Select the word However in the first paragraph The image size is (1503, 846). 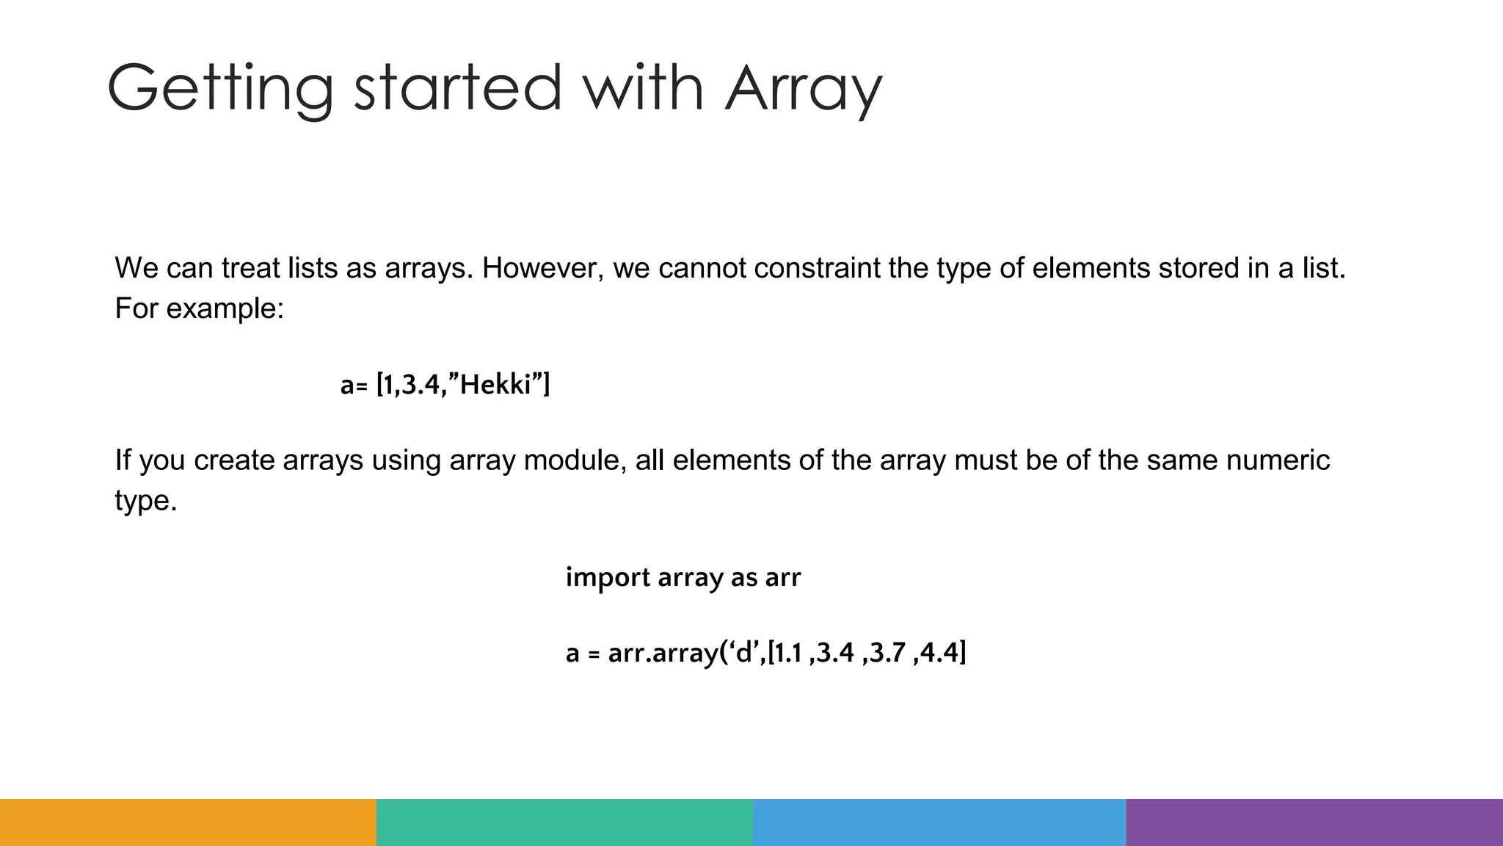click(542, 269)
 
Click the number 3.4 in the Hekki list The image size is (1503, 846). click(421, 385)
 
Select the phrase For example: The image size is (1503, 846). click(199, 308)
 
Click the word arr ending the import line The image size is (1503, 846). click(782, 578)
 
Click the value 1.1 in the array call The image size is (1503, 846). click(788, 652)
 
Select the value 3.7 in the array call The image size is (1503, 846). click(887, 652)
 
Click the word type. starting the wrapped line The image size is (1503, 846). click(146, 501)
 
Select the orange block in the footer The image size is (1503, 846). click(188, 822)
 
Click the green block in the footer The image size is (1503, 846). click(564, 822)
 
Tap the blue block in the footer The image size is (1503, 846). click(939, 822)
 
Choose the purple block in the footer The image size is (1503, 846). click(1314, 822)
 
